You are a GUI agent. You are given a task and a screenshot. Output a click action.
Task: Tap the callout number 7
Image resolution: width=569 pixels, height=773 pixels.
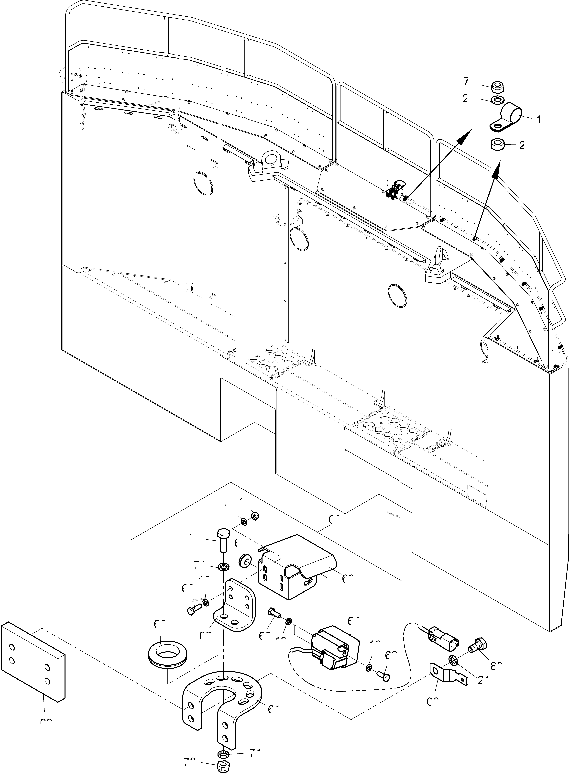(x=466, y=82)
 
